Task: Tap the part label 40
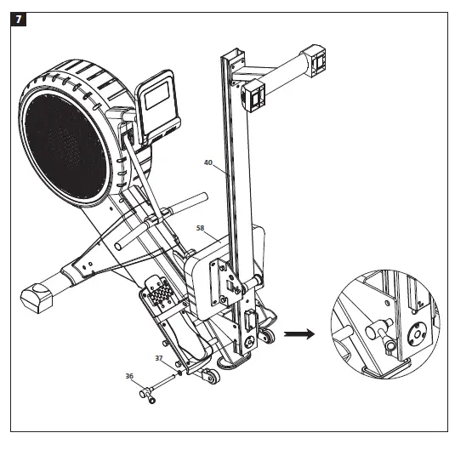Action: click(x=208, y=162)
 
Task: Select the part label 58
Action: click(x=201, y=228)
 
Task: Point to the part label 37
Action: click(x=159, y=358)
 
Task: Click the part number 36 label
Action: click(x=129, y=375)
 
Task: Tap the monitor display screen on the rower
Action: click(x=158, y=96)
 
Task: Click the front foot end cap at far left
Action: click(x=36, y=297)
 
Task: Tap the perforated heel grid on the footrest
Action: click(x=161, y=295)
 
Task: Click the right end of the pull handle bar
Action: click(x=201, y=198)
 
